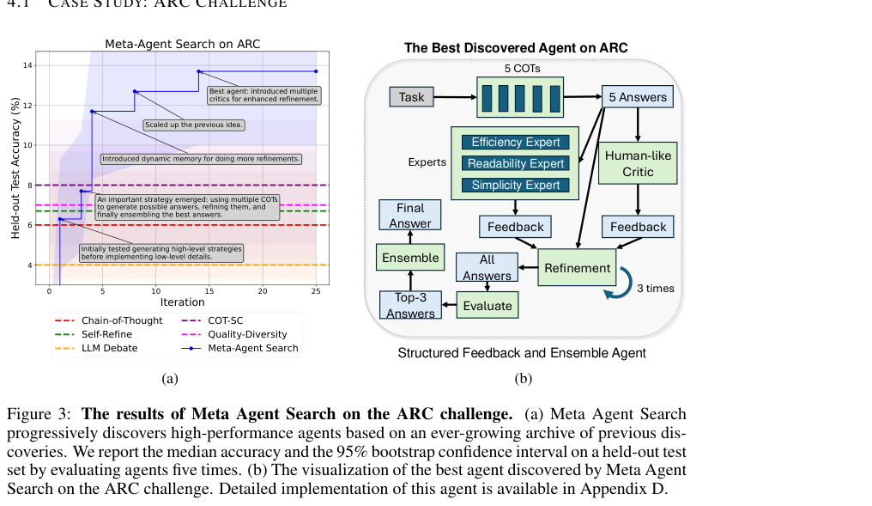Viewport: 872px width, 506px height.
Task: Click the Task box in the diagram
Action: point(411,97)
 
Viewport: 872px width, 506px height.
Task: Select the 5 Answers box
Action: point(638,97)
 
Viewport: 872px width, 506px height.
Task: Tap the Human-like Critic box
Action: point(638,164)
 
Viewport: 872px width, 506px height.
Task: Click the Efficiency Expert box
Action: point(516,142)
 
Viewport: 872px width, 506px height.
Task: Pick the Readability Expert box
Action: point(516,164)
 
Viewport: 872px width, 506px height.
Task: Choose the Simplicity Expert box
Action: point(516,185)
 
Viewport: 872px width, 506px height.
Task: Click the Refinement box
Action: point(578,268)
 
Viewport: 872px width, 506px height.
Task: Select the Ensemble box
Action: point(410,258)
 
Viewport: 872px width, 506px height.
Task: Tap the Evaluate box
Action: point(487,306)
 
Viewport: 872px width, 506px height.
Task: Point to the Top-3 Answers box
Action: point(410,305)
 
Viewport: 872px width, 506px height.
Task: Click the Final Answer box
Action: point(410,215)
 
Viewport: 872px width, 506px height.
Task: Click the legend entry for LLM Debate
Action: point(96,349)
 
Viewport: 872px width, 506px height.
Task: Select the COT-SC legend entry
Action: point(213,320)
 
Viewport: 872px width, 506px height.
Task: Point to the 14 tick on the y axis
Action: point(27,65)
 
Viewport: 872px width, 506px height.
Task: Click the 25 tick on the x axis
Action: point(316,291)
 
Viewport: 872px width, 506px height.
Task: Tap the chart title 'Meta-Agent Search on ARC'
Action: point(183,44)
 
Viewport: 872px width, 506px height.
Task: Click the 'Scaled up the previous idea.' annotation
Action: point(193,125)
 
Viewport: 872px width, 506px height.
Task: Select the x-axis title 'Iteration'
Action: point(183,302)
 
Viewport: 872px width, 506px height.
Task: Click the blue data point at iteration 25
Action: point(316,71)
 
